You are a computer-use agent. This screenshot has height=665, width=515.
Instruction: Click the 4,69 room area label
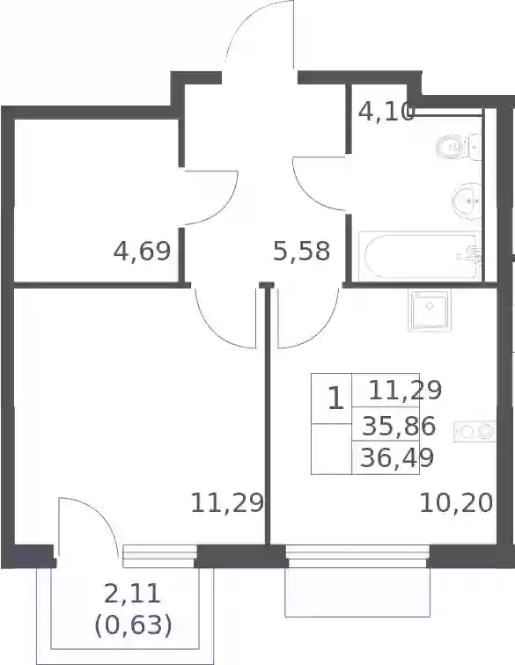(x=142, y=251)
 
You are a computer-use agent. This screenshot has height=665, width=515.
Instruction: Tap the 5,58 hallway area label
(x=301, y=251)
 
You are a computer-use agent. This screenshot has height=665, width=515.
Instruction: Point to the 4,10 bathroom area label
(x=386, y=113)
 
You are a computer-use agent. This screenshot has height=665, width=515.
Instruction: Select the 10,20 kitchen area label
(x=456, y=503)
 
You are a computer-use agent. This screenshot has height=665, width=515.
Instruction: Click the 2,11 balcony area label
(x=132, y=594)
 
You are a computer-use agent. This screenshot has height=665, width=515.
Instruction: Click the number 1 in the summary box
(x=335, y=399)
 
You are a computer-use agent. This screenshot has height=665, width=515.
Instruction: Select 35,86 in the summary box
(x=399, y=427)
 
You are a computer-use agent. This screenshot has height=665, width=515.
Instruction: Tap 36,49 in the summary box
(x=397, y=457)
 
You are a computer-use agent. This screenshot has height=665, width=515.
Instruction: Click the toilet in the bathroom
(x=460, y=147)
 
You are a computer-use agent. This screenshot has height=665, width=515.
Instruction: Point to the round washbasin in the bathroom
(x=467, y=201)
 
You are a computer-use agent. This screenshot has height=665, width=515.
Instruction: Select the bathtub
(x=420, y=256)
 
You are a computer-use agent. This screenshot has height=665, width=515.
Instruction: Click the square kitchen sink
(x=430, y=310)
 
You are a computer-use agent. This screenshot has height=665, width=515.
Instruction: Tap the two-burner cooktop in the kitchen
(x=475, y=431)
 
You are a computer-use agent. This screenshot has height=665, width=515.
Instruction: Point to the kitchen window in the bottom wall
(x=357, y=557)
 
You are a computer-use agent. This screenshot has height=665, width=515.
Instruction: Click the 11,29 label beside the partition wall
(x=227, y=503)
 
